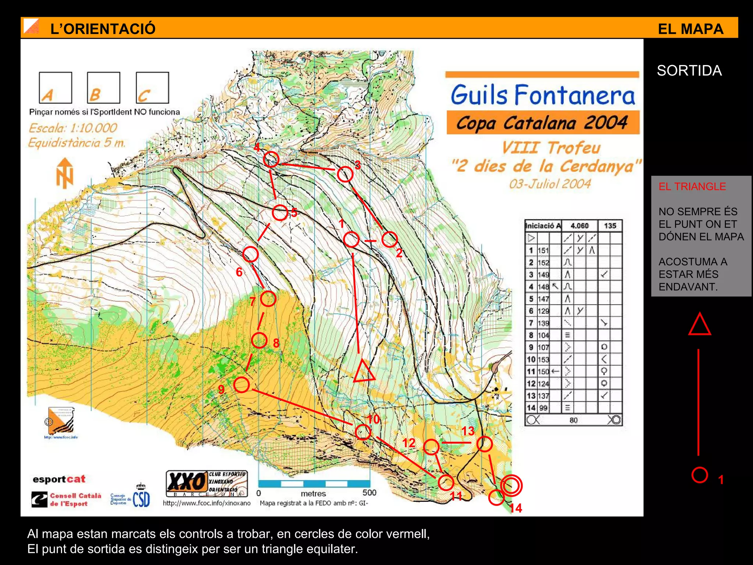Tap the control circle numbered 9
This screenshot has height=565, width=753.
tap(242, 385)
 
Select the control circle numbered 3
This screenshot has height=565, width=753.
tap(345, 174)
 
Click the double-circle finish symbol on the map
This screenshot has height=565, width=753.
tap(511, 486)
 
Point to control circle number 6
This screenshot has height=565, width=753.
tap(250, 254)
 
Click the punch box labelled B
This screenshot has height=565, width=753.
tap(104, 88)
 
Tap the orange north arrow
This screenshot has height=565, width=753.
tap(65, 173)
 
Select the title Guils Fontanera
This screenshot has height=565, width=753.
tap(543, 95)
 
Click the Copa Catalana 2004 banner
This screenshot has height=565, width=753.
tap(543, 123)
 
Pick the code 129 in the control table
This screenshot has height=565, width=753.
tap(543, 311)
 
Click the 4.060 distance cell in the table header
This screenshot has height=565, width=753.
tap(579, 226)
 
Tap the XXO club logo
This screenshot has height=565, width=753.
tap(207, 483)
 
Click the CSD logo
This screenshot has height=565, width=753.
tap(141, 499)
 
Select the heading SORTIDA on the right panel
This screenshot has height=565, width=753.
tap(689, 71)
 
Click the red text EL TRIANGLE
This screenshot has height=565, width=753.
tap(692, 186)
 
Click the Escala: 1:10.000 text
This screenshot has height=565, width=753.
tap(73, 128)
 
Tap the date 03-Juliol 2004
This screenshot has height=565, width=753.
tap(550, 184)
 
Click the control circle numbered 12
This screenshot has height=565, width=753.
tap(431, 447)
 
